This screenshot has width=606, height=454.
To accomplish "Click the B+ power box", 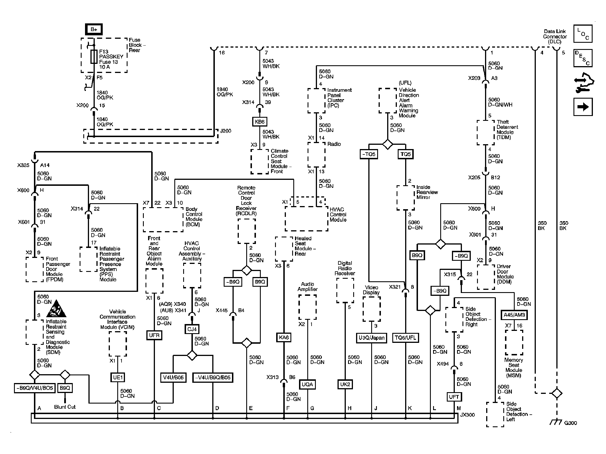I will (94, 29).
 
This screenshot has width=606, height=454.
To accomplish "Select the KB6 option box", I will (260, 122).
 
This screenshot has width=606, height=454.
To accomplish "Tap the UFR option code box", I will (154, 335).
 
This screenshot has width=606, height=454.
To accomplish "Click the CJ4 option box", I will (192, 329).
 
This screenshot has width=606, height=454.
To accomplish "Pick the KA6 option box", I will (284, 337).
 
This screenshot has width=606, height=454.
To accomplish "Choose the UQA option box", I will (307, 384).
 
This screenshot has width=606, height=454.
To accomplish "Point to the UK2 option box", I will (345, 384).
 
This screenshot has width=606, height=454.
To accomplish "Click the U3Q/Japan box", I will (371, 338).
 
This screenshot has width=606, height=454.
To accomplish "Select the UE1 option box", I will (118, 377).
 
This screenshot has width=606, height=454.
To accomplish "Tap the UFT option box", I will (454, 397).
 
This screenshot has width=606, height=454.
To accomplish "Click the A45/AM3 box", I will (514, 315).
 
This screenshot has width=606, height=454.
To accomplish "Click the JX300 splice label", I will (467, 415).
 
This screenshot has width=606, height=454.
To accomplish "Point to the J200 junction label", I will (225, 131).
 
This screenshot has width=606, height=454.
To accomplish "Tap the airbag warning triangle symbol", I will (56, 309).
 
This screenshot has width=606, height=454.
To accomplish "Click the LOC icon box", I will (583, 34).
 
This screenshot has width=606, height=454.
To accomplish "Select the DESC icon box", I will (583, 58).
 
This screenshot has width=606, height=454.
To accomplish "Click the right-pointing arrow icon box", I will (583, 107).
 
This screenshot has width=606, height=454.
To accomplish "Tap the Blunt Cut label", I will (65, 407).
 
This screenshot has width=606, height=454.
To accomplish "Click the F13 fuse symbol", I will (94, 57).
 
